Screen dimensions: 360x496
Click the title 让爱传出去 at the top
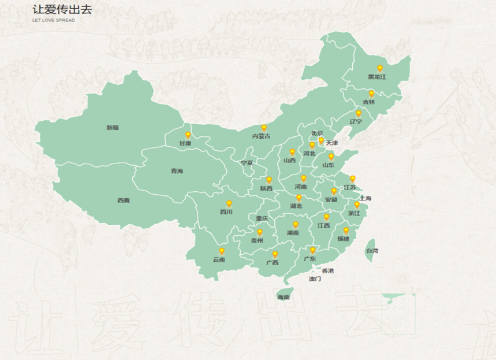click(x=62, y=10)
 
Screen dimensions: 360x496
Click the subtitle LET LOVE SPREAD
click(x=54, y=20)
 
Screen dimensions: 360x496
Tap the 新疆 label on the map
click(x=112, y=128)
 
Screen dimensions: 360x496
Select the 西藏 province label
click(x=124, y=201)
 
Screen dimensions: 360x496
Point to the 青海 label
click(x=176, y=171)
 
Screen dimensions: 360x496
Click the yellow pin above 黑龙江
click(x=379, y=68)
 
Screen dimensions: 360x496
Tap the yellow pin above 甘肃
click(x=188, y=135)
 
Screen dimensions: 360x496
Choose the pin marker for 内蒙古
click(x=264, y=128)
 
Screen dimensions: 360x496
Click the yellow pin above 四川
click(x=229, y=204)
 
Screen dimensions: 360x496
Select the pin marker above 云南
click(x=221, y=251)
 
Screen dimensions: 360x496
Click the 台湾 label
click(x=372, y=251)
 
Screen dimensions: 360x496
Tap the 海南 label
click(x=283, y=297)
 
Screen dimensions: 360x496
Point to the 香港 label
click(x=327, y=271)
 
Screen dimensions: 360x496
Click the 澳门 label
click(x=315, y=279)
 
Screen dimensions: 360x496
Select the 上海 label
click(x=365, y=199)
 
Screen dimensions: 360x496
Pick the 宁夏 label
click(x=247, y=163)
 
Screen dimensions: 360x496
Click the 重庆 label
click(x=262, y=218)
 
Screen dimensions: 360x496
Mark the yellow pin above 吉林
click(x=371, y=94)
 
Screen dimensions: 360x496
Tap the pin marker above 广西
click(x=275, y=254)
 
